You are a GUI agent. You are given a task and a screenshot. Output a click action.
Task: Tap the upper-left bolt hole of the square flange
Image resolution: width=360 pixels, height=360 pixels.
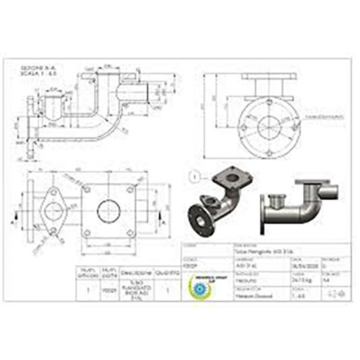point(86,189)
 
